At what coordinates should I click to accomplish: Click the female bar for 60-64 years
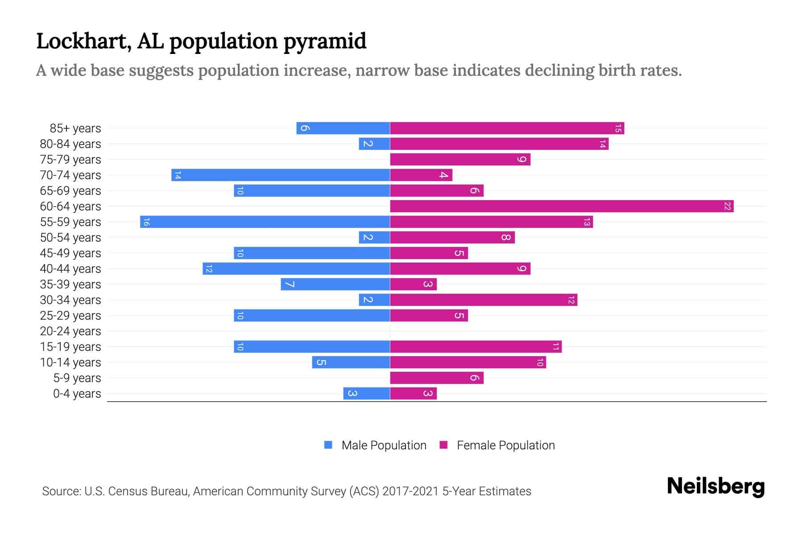click(x=562, y=206)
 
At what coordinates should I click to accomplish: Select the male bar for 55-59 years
click(x=265, y=222)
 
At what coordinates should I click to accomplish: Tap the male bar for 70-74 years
click(x=281, y=175)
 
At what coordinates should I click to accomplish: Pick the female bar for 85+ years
click(x=507, y=128)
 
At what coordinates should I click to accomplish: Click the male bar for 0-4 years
click(x=366, y=394)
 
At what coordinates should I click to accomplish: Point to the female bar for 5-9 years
click(x=437, y=378)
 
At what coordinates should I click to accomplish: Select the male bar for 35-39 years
click(x=335, y=284)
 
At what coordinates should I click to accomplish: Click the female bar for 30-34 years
click(x=484, y=300)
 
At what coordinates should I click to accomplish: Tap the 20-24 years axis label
click(x=70, y=331)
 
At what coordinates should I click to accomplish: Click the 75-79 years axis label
click(x=70, y=160)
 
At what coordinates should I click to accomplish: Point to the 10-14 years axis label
click(x=70, y=362)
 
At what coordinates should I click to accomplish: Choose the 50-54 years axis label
click(x=70, y=238)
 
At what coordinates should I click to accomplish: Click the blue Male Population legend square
click(x=328, y=445)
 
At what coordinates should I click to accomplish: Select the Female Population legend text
click(x=505, y=445)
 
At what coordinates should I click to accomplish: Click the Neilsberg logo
click(x=716, y=486)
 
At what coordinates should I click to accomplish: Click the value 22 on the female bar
click(x=727, y=206)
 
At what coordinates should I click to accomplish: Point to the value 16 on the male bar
click(x=146, y=222)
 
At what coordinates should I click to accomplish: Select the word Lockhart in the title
click(x=83, y=41)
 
